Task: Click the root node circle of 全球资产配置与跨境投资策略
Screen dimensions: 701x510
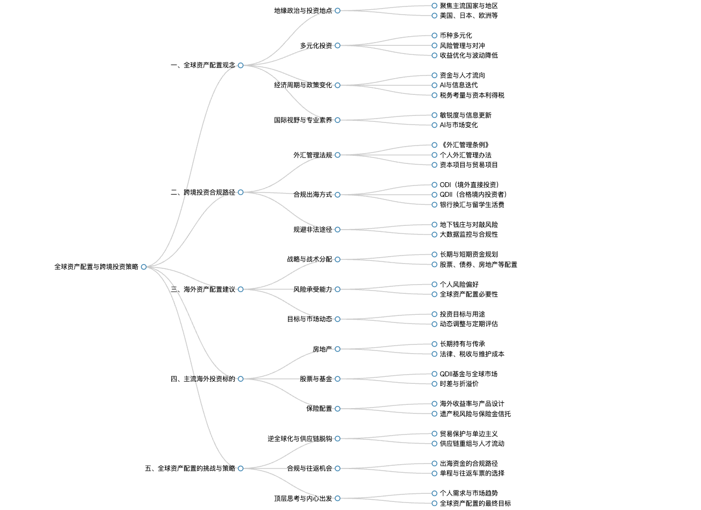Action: point(144,267)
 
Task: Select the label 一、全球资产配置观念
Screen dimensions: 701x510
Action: point(203,65)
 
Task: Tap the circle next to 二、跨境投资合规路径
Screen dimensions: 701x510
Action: point(241,192)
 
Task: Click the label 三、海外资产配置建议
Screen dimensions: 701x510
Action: point(203,290)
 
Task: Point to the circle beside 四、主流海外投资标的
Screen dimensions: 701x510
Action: point(241,379)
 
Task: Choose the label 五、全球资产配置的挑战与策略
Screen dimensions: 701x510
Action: point(190,468)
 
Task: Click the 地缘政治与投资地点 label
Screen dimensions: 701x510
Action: point(303,11)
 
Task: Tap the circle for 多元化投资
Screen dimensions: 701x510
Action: point(338,46)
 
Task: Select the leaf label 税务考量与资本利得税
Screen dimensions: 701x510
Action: point(472,95)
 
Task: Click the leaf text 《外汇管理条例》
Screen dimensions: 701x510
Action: point(465,145)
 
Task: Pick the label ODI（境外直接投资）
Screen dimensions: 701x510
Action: point(469,185)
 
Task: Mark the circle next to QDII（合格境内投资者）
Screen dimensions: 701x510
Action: point(434,195)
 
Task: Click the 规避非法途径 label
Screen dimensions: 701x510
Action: point(313,230)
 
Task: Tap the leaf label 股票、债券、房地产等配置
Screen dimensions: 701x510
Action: point(479,265)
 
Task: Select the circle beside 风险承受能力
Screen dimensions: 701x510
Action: point(338,290)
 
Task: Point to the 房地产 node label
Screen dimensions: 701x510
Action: point(323,349)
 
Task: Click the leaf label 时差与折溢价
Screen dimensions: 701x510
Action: point(459,384)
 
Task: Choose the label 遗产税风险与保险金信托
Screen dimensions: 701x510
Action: point(475,414)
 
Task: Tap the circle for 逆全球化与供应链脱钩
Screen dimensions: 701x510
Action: point(338,439)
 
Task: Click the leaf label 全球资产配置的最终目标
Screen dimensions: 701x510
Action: point(475,504)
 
